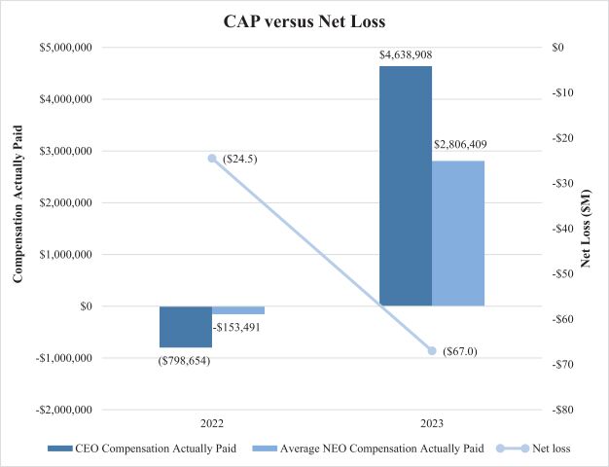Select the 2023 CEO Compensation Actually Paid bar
pos(405,185)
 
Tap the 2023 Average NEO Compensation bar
pos(457,233)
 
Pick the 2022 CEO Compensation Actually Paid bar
pos(185,326)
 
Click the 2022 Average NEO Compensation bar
pos(237,310)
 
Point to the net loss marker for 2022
pos(212,158)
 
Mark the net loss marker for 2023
pos(431,350)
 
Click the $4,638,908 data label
pos(405,56)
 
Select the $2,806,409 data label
pos(461,145)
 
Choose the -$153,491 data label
pos(238,327)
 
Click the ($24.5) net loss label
pos(239,158)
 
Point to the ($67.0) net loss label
pos(459,350)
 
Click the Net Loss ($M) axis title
pos(587,228)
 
